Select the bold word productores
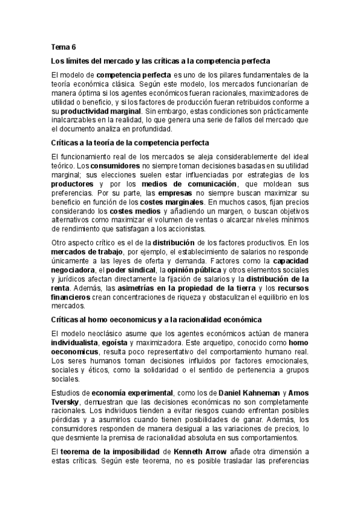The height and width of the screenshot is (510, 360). tap(72, 183)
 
